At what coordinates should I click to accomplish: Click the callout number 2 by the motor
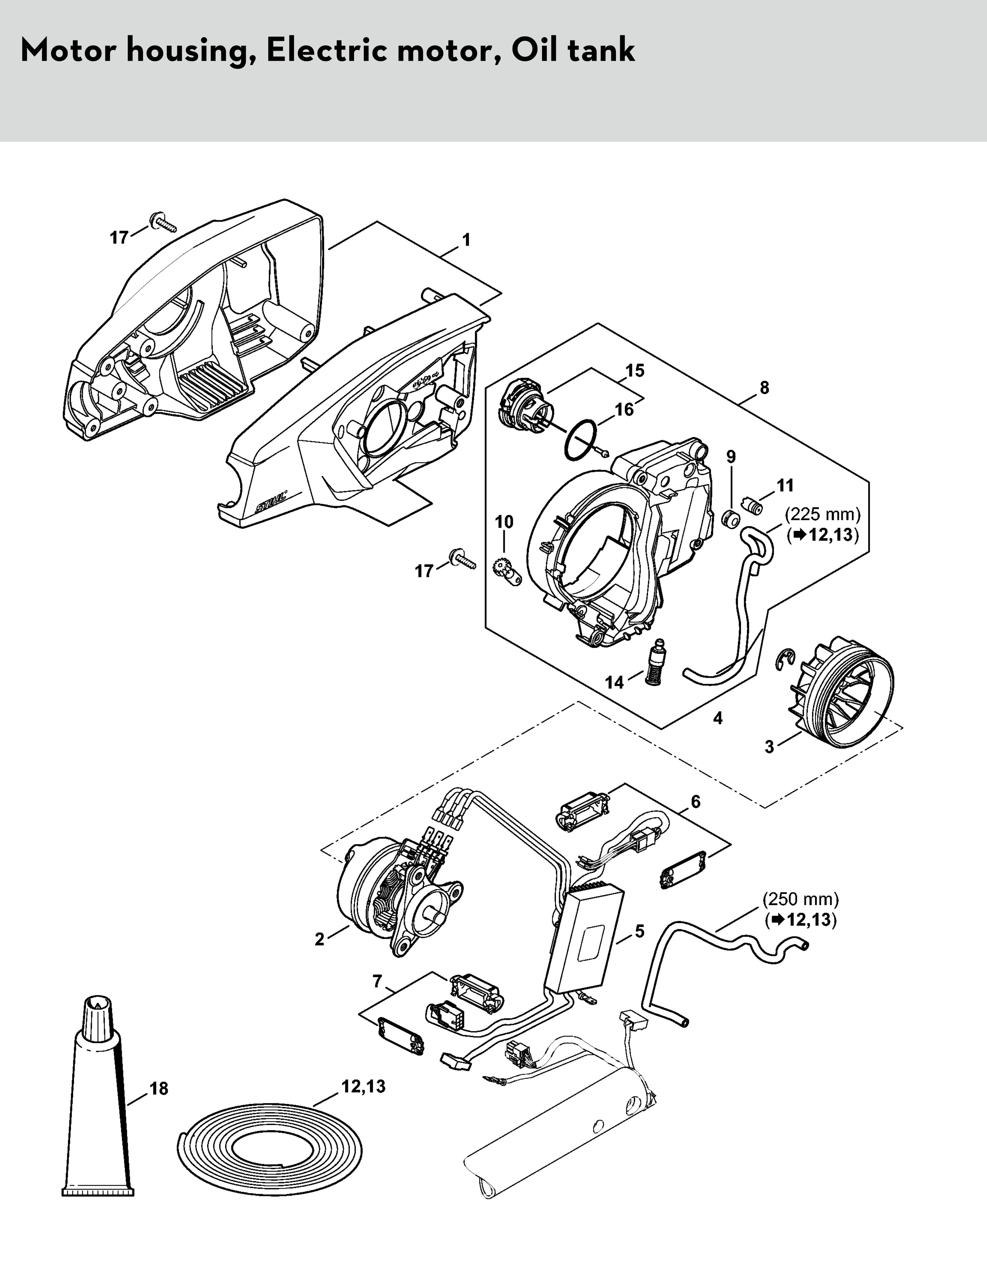point(319,939)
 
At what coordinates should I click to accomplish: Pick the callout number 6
point(696,802)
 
